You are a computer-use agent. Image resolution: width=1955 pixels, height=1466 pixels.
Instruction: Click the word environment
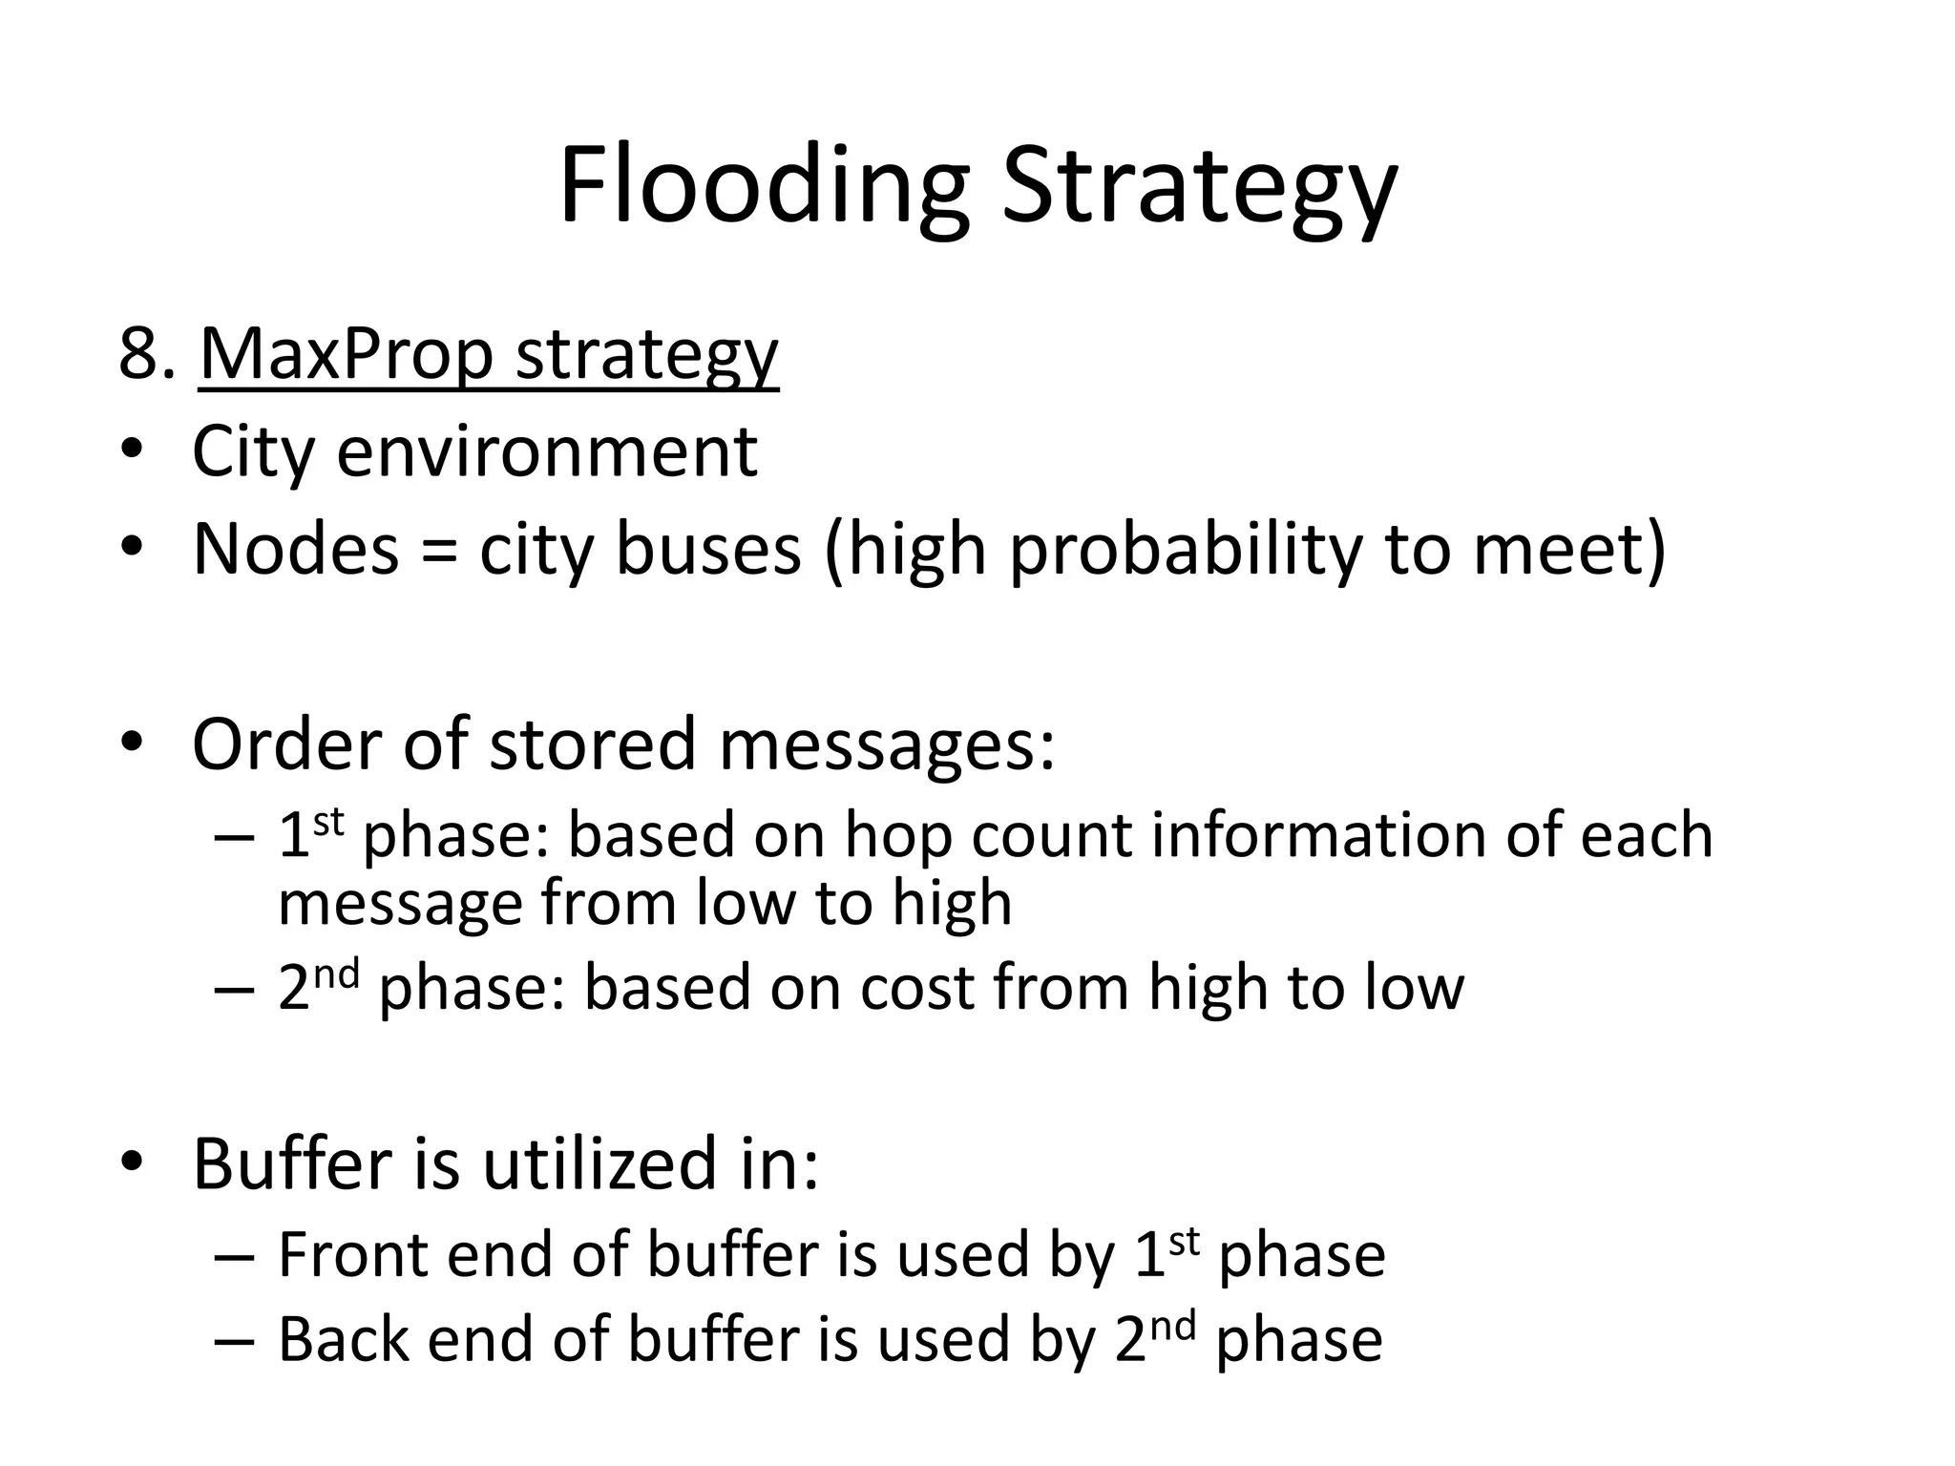pos(547,451)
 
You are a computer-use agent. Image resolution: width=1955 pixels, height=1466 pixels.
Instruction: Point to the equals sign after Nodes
pos(438,552)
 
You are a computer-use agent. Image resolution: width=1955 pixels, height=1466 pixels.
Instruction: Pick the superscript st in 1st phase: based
pos(328,821)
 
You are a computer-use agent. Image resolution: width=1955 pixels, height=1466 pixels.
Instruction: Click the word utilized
pos(599,1164)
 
